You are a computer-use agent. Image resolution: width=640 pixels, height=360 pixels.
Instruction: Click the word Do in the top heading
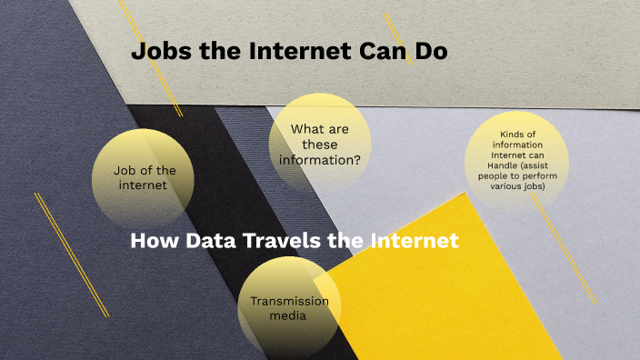(x=432, y=52)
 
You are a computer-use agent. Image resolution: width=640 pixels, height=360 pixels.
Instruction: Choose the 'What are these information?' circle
(x=320, y=143)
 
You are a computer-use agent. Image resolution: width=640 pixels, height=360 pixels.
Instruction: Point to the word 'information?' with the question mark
(x=320, y=160)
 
